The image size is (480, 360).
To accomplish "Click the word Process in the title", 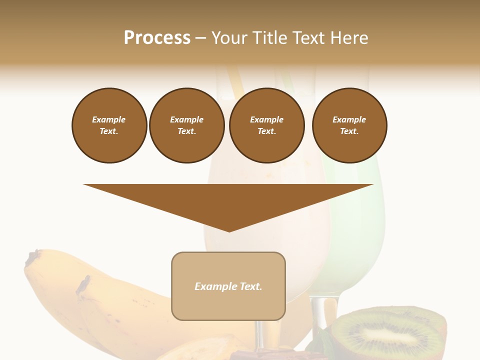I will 157,38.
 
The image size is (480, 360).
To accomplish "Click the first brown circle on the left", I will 109,125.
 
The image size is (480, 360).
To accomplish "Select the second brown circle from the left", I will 186,125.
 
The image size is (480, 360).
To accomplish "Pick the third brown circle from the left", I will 266,125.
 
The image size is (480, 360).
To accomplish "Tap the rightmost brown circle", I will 349,125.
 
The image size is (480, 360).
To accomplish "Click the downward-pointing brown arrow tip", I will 229,227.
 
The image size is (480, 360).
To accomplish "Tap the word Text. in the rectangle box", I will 251,286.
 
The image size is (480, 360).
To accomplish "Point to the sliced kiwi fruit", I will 390,332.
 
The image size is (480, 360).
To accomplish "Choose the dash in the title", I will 200,38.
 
